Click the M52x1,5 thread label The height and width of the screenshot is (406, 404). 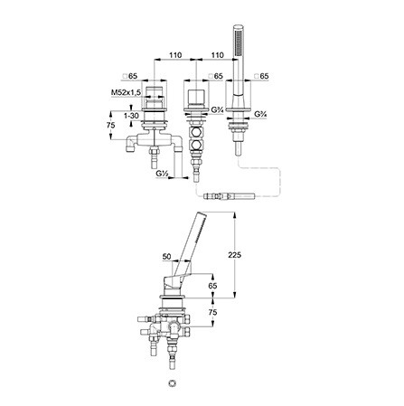126,92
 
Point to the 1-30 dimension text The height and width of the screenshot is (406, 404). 131,116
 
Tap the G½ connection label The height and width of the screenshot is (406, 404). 162,174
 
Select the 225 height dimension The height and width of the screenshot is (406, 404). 235,255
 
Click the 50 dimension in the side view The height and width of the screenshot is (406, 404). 166,257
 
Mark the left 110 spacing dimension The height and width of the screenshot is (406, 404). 175,55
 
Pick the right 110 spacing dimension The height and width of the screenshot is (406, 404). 217,55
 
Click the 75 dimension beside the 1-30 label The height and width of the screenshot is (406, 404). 111,125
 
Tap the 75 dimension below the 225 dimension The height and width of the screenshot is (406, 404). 212,312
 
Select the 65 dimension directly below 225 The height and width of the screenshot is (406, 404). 212,286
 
